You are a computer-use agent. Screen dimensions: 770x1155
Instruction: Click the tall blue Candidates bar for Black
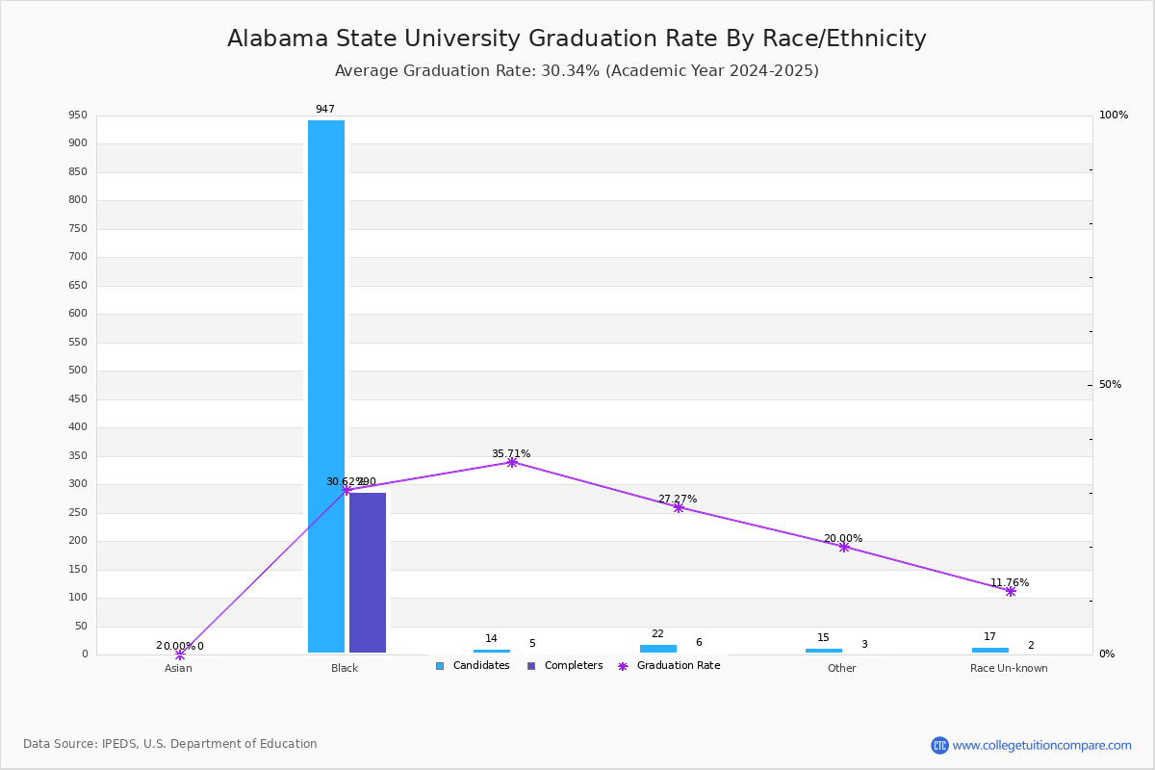pyautogui.click(x=326, y=385)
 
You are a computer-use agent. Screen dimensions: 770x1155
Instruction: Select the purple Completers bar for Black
pyautogui.click(x=368, y=573)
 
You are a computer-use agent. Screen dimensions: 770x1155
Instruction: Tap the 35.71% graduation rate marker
pyautogui.click(x=512, y=463)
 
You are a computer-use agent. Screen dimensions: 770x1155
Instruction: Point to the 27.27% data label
pyautogui.click(x=678, y=499)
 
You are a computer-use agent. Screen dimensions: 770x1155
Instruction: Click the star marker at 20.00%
pyautogui.click(x=844, y=547)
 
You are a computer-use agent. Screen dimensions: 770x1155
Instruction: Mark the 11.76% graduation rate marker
pyautogui.click(x=1011, y=591)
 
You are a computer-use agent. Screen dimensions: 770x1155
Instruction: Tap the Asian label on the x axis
pyautogui.click(x=178, y=668)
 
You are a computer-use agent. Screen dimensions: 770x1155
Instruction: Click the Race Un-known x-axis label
pyautogui.click(x=1009, y=668)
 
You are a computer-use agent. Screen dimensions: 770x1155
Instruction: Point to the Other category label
pyautogui.click(x=841, y=668)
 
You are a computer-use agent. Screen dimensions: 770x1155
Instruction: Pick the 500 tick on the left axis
pyautogui.click(x=77, y=371)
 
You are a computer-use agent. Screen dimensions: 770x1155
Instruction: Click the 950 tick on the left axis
pyautogui.click(x=77, y=115)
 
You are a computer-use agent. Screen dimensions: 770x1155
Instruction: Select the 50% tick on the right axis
pyautogui.click(x=1110, y=385)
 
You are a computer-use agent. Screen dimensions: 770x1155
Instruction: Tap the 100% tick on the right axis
pyautogui.click(x=1113, y=115)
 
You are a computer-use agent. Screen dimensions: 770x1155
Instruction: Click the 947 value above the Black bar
pyautogui.click(x=325, y=110)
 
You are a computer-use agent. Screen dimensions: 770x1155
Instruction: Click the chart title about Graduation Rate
pyautogui.click(x=577, y=38)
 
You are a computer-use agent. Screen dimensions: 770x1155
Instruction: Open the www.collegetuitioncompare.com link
pyautogui.click(x=1041, y=745)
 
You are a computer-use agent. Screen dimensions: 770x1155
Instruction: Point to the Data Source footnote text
pyautogui.click(x=170, y=744)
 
